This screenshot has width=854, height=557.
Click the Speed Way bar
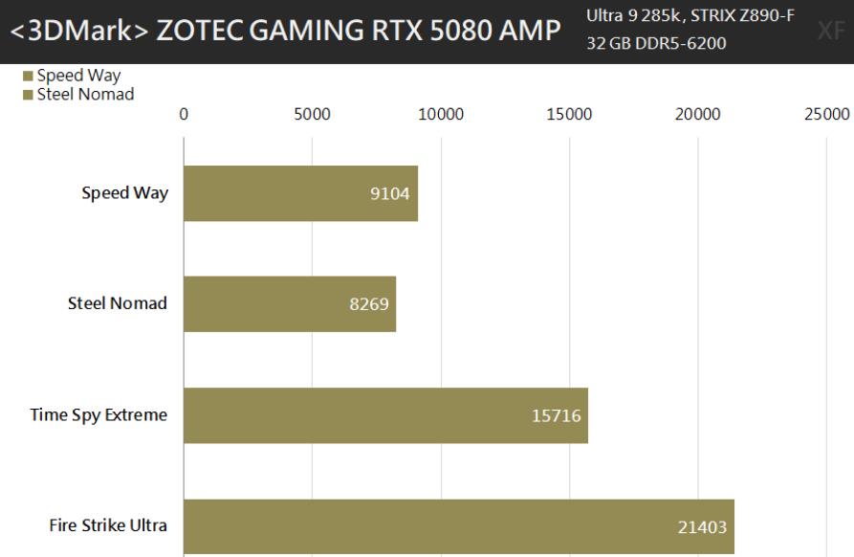click(x=300, y=193)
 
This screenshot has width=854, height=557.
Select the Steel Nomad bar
click(x=289, y=304)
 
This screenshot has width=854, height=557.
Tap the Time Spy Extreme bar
click(x=385, y=415)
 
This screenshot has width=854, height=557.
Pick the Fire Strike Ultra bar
click(x=458, y=526)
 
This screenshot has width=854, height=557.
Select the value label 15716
click(x=556, y=416)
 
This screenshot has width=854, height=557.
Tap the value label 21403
click(x=702, y=527)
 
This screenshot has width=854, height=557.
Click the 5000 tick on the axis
click(x=312, y=114)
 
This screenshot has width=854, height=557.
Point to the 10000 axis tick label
click(x=441, y=114)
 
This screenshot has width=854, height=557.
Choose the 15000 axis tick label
click(x=569, y=114)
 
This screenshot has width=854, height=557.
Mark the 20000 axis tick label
click(x=697, y=114)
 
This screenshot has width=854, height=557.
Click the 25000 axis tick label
click(x=826, y=114)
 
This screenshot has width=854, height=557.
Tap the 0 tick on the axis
click(x=184, y=114)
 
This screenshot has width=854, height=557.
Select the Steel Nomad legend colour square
click(x=28, y=94)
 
